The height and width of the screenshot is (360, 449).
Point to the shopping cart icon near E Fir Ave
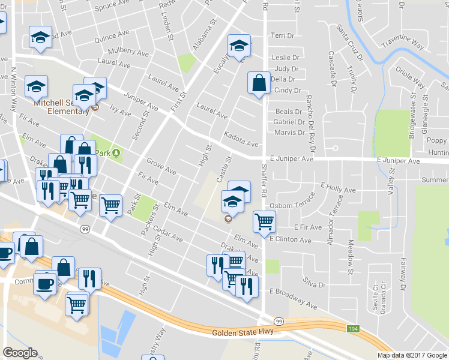click(x=264, y=221)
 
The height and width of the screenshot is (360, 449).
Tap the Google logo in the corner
click(x=20, y=353)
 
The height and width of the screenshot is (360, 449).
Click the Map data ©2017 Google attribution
click(x=412, y=355)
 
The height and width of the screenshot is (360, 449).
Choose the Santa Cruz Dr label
click(x=350, y=43)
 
